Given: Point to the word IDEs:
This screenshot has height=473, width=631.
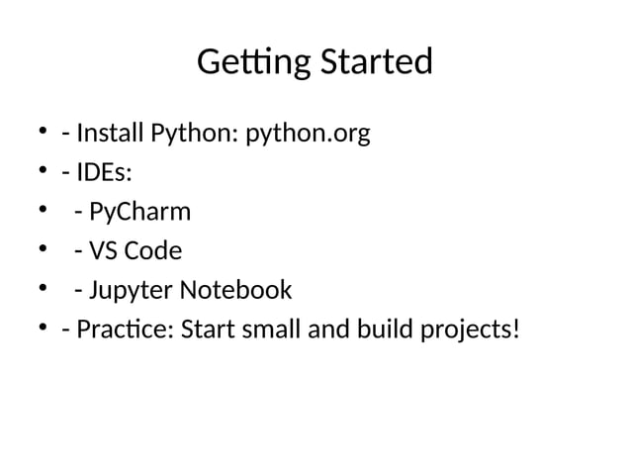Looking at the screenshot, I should (104, 172).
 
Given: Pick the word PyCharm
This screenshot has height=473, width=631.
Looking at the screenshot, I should (139, 212).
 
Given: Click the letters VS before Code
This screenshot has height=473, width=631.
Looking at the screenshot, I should (102, 250).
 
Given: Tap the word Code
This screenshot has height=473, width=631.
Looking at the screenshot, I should (151, 250).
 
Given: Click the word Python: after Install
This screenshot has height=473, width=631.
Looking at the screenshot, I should (194, 133).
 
